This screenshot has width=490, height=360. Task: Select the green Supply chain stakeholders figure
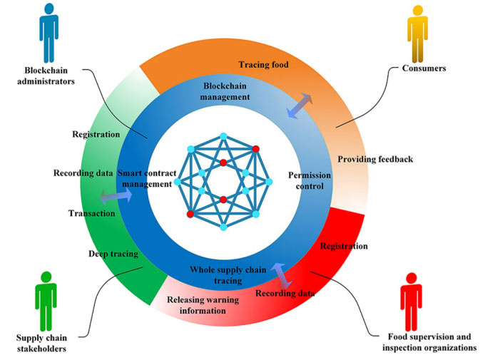tap(46, 299)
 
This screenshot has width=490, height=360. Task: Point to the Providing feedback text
tap(375, 159)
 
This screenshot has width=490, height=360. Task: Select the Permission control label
tap(306, 180)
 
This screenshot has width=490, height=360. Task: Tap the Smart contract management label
tap(146, 178)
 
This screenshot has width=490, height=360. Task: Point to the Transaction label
tap(91, 213)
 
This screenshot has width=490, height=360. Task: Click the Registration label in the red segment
tap(344, 247)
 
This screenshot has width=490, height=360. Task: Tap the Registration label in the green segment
tap(96, 133)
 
